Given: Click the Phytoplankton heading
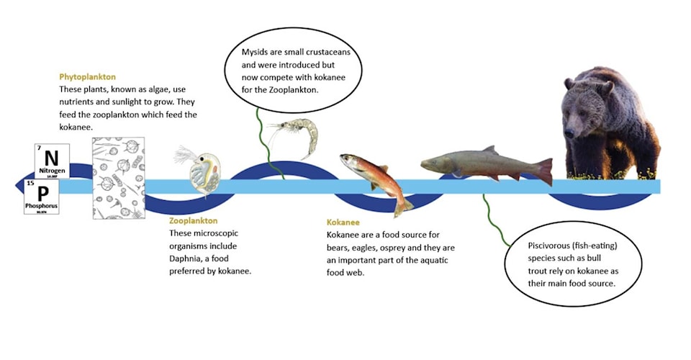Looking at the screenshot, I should tap(87, 76).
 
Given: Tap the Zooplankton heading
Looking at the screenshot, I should tap(193, 220).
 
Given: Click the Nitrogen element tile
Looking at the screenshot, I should tap(52, 161).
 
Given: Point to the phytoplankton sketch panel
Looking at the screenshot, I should tap(118, 177).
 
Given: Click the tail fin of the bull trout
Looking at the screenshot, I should tap(543, 171).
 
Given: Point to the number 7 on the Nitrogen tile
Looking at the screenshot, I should tap(39, 148).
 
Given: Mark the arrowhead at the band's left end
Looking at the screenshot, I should tap(20, 186).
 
